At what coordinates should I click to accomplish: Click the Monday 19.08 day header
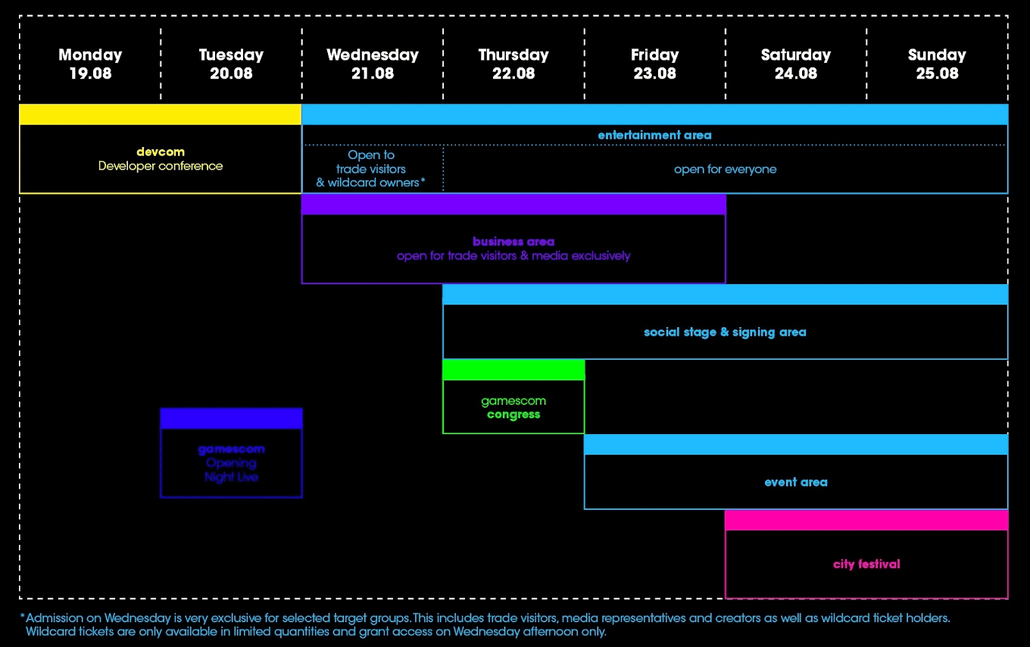click(x=90, y=64)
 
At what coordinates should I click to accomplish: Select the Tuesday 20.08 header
click(x=231, y=64)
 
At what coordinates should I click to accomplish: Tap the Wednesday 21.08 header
click(x=372, y=64)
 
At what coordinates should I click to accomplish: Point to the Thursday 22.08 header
click(x=513, y=64)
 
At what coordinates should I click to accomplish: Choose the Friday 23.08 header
click(x=654, y=64)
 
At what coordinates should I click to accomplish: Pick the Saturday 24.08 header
click(x=795, y=64)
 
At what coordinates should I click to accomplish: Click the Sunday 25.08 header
click(x=937, y=64)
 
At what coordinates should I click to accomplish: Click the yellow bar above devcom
click(x=160, y=114)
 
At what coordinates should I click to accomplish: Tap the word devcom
click(x=160, y=152)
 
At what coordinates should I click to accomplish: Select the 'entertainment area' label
click(x=654, y=135)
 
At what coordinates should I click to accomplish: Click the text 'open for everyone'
click(x=725, y=169)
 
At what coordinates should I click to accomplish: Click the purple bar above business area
click(x=513, y=205)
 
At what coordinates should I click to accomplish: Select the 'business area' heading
click(x=513, y=242)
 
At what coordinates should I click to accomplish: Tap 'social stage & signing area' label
click(x=725, y=332)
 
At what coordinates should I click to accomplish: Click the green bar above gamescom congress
click(x=513, y=370)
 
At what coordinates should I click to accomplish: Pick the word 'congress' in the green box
click(x=513, y=414)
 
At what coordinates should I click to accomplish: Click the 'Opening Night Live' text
click(x=231, y=470)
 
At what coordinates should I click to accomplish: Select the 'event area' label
click(x=795, y=482)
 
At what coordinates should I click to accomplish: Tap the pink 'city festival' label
click(x=866, y=564)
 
